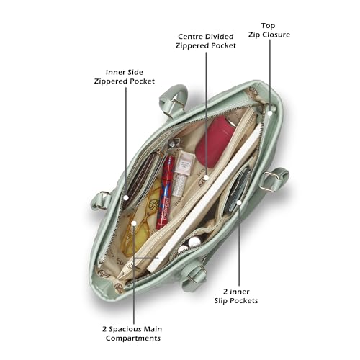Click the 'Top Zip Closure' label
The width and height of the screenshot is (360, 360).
point(269,30)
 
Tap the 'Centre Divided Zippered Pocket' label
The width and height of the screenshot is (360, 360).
point(206,41)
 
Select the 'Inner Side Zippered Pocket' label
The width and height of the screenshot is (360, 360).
point(125,76)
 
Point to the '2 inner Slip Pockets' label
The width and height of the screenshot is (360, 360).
point(236,296)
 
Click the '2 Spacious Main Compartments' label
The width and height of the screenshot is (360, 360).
point(132,333)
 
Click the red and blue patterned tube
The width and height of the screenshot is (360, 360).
point(165,192)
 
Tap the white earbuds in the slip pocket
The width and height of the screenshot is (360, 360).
point(189,246)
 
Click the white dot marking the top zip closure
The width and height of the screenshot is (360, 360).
point(270,113)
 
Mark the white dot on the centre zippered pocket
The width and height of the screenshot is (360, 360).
point(206,178)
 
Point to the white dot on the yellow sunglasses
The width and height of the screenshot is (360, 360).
point(134,223)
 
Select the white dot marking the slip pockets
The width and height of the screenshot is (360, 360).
point(239,202)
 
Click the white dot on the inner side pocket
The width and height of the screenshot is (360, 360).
point(126,198)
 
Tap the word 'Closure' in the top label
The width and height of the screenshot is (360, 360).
point(276,35)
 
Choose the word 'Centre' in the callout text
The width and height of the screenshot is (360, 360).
point(190,37)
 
